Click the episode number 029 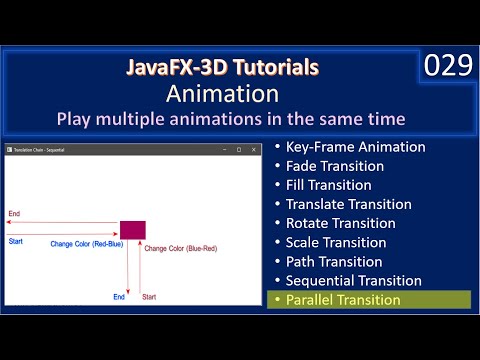[x=447, y=67]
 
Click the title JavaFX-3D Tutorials [x=224, y=68]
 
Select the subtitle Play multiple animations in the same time [x=231, y=119]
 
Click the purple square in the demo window [x=133, y=229]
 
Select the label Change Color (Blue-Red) [x=178, y=247]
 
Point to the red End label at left [x=14, y=214]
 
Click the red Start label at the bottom [x=149, y=297]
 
